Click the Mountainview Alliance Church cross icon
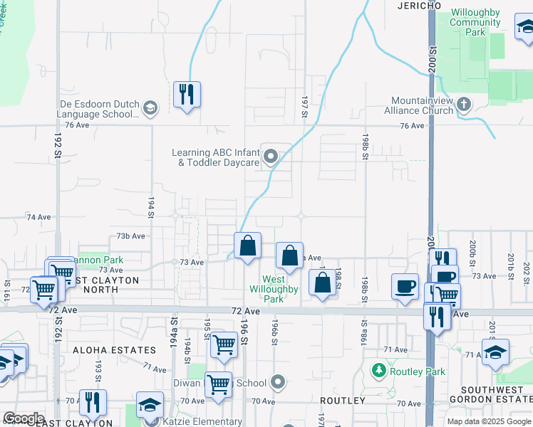[463, 106]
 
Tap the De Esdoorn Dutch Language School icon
[150, 109]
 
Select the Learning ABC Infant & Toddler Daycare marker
[271, 157]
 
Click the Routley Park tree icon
[379, 371]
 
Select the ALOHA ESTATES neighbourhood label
[113, 350]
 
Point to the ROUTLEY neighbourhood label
[343, 401]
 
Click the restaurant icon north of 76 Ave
[187, 95]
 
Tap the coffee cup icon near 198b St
[405, 287]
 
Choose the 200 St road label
[433, 53]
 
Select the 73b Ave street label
[131, 236]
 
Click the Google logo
[24, 418]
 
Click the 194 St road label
[151, 205]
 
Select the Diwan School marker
[279, 383]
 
